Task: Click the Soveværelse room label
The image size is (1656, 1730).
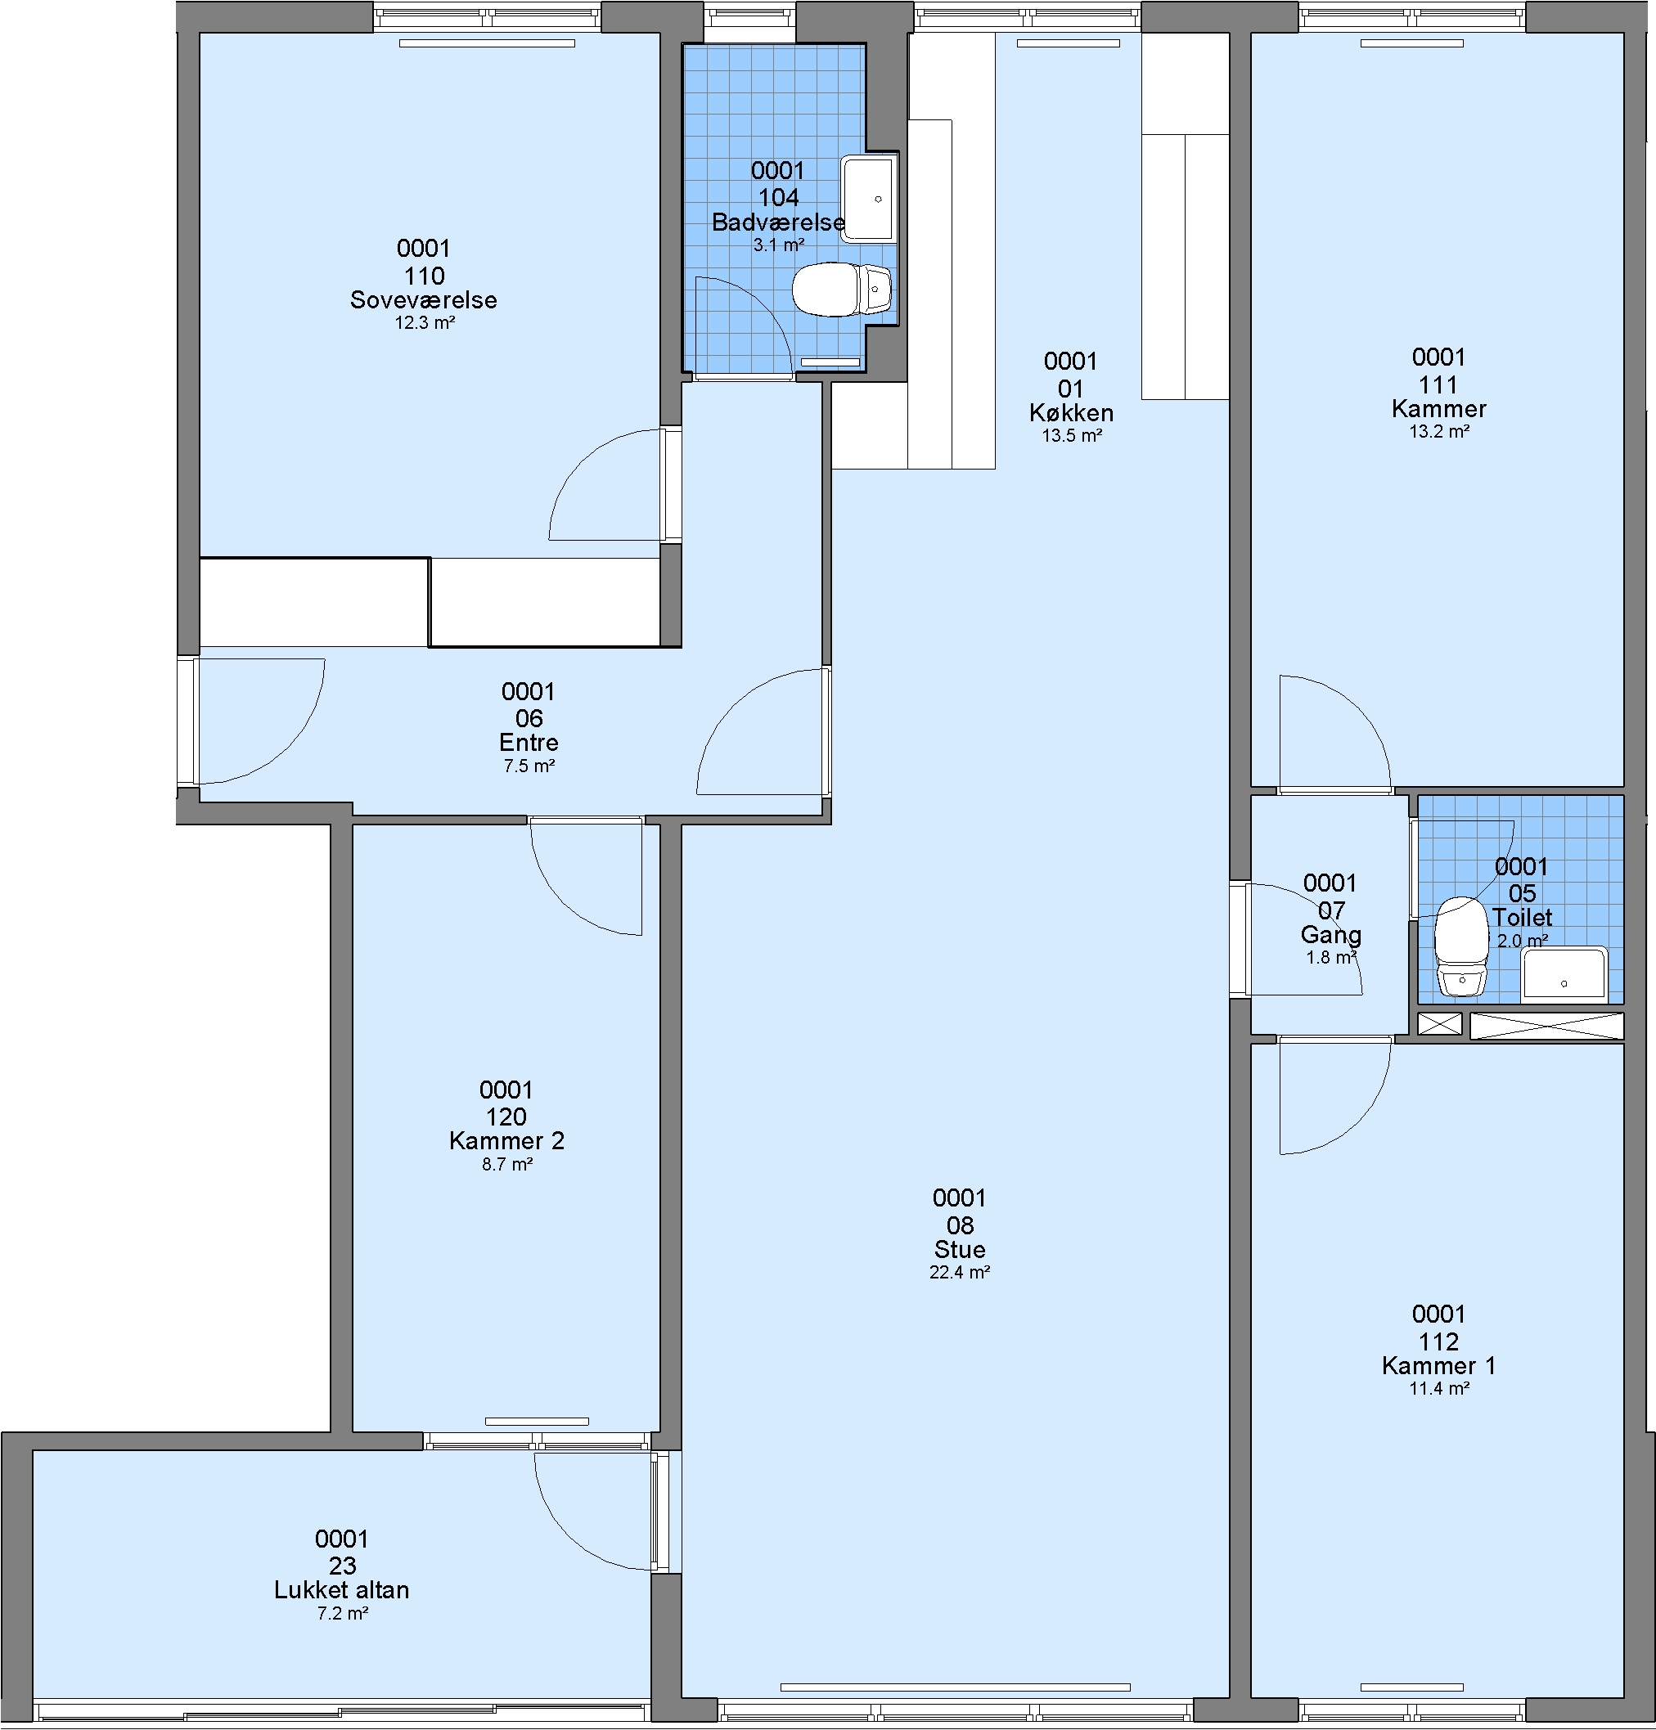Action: tap(424, 300)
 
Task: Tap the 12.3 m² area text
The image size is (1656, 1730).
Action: tap(425, 323)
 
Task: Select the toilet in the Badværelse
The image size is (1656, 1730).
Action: tap(842, 290)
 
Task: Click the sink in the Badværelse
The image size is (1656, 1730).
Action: tap(869, 199)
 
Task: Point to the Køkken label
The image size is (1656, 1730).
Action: tap(1072, 413)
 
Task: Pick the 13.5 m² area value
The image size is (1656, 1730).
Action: tap(1072, 435)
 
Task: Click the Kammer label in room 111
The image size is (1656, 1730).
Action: tap(1439, 409)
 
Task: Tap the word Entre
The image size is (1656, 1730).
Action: tap(529, 743)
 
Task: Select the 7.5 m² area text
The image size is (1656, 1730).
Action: tap(529, 766)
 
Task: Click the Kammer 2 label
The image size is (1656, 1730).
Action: tap(506, 1140)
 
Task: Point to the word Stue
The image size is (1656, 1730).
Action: tap(960, 1249)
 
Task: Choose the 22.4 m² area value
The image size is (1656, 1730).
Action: tap(960, 1272)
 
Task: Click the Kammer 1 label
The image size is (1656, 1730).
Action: tap(1439, 1365)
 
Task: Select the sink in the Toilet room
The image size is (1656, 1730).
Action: tap(1564, 973)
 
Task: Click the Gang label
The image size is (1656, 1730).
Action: tap(1331, 935)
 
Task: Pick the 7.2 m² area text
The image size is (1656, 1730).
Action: tap(343, 1614)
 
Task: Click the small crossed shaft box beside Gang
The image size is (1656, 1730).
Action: tap(1440, 1024)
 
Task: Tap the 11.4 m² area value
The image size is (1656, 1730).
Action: tap(1439, 1388)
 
